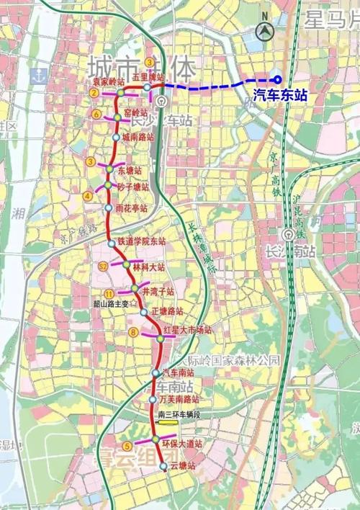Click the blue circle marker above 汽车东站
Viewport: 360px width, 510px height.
277,79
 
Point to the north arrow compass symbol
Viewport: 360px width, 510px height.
266,28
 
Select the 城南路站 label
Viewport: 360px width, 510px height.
138,136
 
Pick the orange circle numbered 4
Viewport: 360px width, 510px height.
88,194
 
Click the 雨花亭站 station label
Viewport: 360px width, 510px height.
131,207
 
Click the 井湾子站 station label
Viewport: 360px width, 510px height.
158,292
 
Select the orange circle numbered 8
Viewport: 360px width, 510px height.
134,332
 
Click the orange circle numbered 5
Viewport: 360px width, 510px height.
127,445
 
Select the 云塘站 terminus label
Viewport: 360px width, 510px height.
183,466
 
